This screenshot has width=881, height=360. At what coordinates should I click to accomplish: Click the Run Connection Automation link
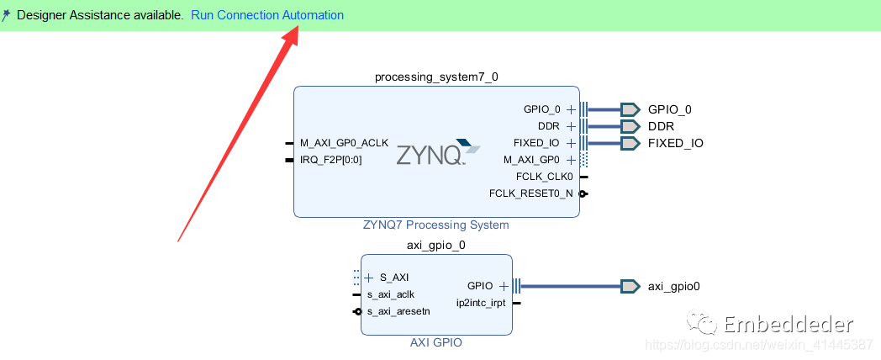[x=267, y=15]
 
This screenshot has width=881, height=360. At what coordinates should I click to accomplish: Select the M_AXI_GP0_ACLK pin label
[x=344, y=142]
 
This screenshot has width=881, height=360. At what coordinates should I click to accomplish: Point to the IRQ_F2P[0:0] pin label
[x=330, y=159]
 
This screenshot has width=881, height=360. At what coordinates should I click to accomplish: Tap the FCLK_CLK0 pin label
[x=545, y=177]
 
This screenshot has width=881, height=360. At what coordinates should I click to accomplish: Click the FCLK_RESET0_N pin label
[x=530, y=193]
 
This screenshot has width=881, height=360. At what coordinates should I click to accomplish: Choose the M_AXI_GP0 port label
[x=531, y=159]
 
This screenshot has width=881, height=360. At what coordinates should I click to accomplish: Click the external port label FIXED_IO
[x=675, y=143]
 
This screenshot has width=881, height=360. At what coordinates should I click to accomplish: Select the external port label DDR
[x=661, y=126]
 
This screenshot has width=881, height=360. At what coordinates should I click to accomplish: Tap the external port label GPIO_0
[x=669, y=109]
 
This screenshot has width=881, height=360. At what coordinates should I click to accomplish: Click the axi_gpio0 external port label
[x=673, y=286]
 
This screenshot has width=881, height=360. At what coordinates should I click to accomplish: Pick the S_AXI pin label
[x=394, y=277]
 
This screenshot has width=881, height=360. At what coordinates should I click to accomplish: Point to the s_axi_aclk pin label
[x=390, y=294]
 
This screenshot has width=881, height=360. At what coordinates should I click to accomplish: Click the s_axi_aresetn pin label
[x=398, y=311]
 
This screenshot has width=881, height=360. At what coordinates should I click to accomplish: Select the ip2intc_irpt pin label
[x=481, y=303]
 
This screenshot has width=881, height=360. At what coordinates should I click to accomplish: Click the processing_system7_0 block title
[x=436, y=77]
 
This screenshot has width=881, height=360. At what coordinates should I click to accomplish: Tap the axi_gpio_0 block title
[x=436, y=246]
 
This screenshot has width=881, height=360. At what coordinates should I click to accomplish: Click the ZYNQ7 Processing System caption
[x=435, y=225]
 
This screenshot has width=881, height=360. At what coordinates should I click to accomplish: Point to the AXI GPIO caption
[x=435, y=342]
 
